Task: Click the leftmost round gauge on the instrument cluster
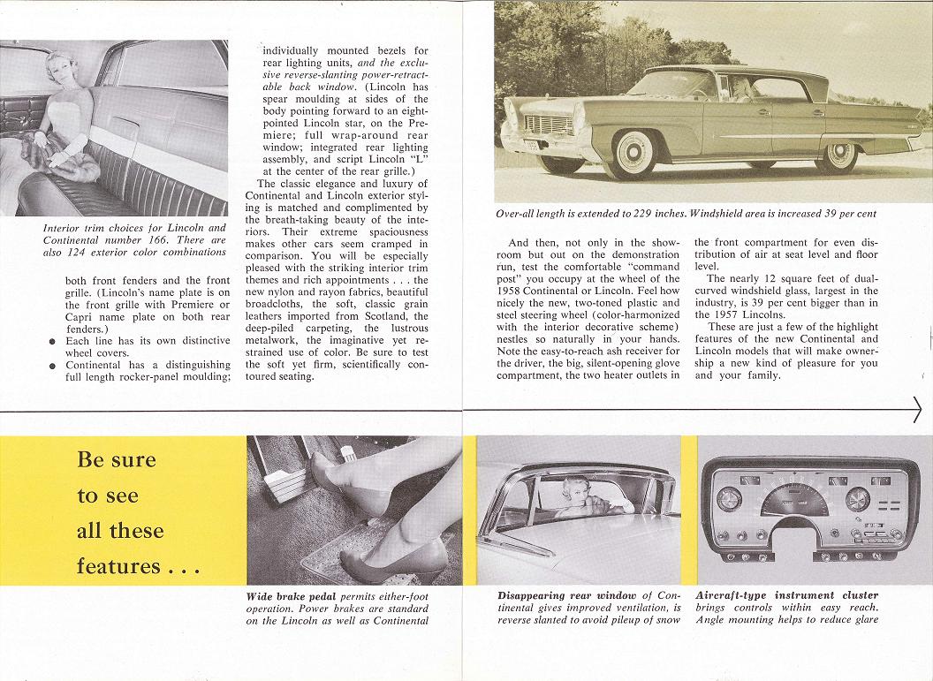tap(729, 499)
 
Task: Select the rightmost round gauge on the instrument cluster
tap(857, 499)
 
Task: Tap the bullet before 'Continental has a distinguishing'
tap(55, 365)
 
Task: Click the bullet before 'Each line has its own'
tap(55, 341)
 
